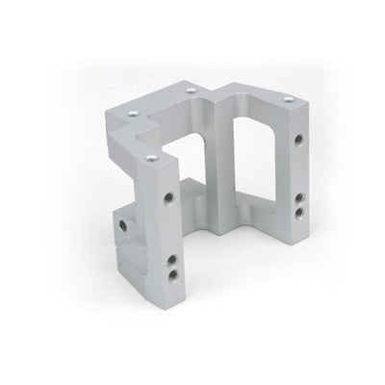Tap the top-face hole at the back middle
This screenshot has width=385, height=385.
[x=191, y=88]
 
